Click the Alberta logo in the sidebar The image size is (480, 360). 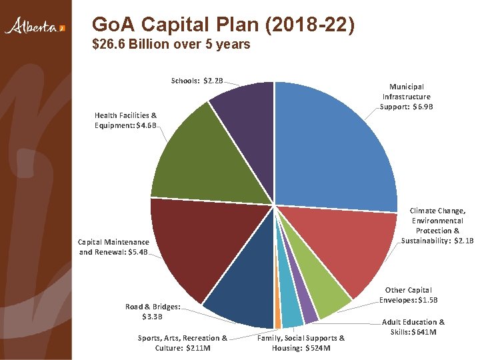tap(35, 26)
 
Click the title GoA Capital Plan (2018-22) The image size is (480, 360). tap(223, 24)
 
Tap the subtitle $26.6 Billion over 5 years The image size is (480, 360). tap(171, 44)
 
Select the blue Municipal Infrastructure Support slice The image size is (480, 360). tap(334, 147)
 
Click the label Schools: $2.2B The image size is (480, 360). tap(197, 81)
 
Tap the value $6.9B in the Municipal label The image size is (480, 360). tap(423, 107)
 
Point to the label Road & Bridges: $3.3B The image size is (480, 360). tap(153, 311)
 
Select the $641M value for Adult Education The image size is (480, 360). tap(424, 332)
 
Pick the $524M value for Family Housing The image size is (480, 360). tap(318, 349)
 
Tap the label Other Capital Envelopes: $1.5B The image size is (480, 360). tap(409, 295)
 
